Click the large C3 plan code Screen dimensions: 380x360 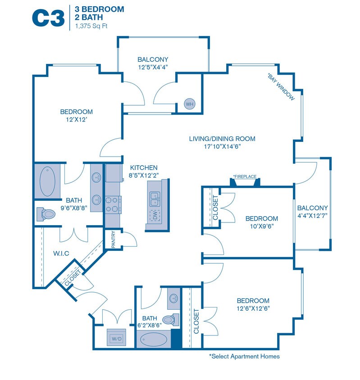(48, 18)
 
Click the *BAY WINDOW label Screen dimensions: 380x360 (281, 86)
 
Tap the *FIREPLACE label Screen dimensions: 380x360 (245, 176)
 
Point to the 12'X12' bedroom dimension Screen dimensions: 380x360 (77, 120)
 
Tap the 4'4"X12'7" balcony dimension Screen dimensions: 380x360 (312, 216)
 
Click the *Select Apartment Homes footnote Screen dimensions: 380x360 (244, 356)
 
